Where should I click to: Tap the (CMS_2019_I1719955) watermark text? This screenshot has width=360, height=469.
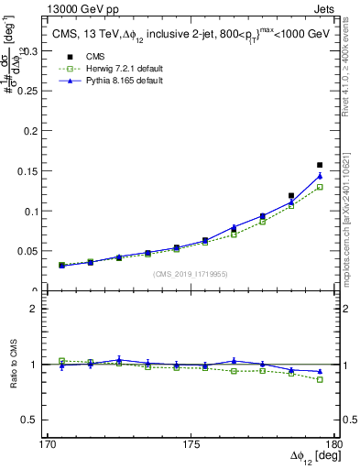tap(190, 274)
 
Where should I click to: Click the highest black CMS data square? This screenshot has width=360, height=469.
tap(320, 165)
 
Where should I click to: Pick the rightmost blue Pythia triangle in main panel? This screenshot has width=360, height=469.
tap(320, 176)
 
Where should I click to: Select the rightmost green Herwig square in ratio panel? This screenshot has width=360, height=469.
tap(320, 379)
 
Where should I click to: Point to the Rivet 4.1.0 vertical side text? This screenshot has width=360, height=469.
tap(351, 64)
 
